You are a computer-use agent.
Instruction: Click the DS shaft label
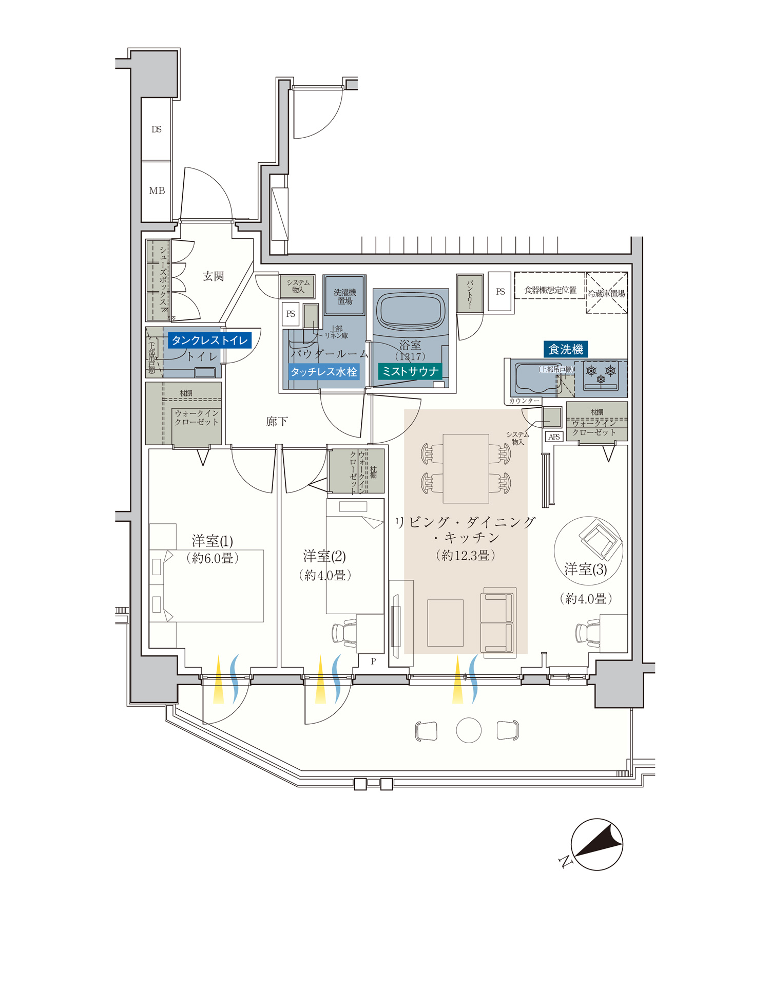(157, 129)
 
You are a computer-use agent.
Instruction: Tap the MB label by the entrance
(157, 191)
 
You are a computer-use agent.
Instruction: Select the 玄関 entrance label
(213, 276)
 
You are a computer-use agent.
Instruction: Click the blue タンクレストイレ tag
(209, 340)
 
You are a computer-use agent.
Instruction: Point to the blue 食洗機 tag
(566, 350)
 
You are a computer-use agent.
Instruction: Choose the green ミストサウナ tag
(410, 371)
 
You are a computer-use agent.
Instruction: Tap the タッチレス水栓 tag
(323, 372)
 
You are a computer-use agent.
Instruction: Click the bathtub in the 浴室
(410, 311)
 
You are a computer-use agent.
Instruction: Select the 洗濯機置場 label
(344, 296)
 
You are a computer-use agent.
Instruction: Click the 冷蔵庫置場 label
(606, 294)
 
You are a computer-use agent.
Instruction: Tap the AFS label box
(554, 437)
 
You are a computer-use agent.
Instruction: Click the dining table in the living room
(466, 468)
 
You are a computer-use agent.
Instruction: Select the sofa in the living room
(498, 622)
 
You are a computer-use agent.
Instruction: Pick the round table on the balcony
(469, 730)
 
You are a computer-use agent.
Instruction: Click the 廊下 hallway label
(277, 422)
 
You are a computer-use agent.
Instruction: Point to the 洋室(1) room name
(212, 541)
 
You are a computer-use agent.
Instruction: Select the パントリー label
(469, 294)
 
